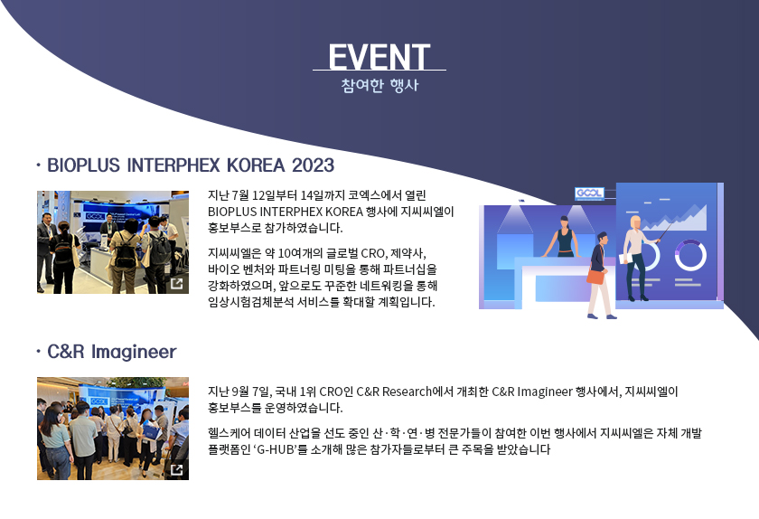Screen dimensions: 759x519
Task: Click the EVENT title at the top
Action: [x=379, y=57]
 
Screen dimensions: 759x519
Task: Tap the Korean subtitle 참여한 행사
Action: [x=379, y=85]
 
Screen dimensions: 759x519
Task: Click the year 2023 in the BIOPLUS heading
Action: [x=313, y=165]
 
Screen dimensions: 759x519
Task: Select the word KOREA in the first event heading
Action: [x=256, y=165]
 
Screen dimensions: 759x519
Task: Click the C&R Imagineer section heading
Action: [x=112, y=352]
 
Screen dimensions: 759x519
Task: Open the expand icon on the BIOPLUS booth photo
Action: [x=177, y=284]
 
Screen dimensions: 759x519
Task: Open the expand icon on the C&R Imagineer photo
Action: [x=177, y=469]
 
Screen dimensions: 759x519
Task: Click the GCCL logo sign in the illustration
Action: [x=589, y=193]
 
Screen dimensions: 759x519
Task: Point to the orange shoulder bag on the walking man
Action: [x=595, y=276]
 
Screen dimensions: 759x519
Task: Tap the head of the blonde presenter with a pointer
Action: [x=634, y=222]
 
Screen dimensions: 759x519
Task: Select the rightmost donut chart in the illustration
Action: [x=690, y=255]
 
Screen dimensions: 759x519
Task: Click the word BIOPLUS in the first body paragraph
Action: [x=232, y=212]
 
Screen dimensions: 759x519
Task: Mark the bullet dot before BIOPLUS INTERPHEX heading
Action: [x=38, y=165]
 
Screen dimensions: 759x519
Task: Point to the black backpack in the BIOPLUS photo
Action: [x=126, y=252]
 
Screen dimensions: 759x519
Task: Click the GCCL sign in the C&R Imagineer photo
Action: [x=98, y=401]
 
